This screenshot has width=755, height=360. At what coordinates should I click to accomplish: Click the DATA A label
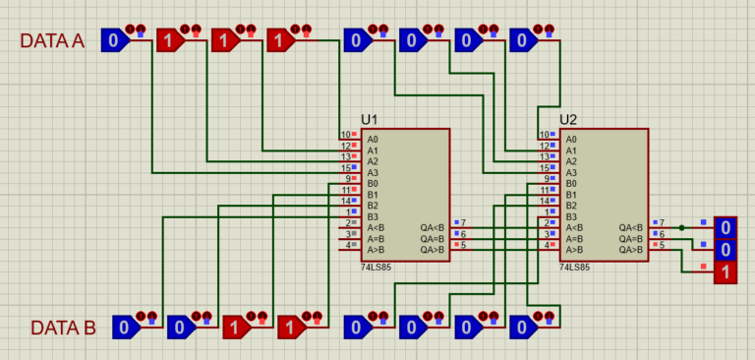click(x=53, y=41)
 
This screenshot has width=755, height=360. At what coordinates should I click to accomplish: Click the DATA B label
click(x=63, y=328)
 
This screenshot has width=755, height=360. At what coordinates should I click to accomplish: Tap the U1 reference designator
click(x=370, y=120)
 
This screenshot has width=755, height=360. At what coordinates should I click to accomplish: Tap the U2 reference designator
click(x=568, y=120)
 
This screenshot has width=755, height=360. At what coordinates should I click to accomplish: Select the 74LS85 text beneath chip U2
click(x=576, y=267)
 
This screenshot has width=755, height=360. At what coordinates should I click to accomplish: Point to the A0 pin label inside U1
click(x=373, y=139)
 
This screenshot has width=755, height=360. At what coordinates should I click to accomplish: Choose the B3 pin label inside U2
click(x=571, y=216)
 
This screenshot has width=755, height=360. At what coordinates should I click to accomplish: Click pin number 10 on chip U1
click(x=345, y=135)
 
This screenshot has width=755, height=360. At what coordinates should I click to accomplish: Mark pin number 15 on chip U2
click(x=544, y=168)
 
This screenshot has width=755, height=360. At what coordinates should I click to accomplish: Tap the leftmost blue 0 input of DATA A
click(x=112, y=41)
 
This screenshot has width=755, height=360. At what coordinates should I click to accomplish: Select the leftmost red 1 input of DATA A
click(x=168, y=41)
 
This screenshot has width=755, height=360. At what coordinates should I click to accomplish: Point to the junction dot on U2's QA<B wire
click(x=682, y=227)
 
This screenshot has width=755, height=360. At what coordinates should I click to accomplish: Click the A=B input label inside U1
click(x=377, y=239)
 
